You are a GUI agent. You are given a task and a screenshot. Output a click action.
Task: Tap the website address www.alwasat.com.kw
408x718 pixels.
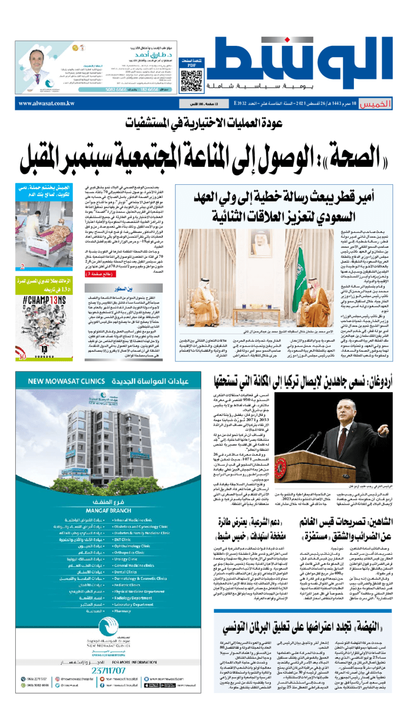pyautogui.click(x=46, y=103)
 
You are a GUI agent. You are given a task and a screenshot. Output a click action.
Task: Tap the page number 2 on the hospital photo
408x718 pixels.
pyautogui.click(x=22, y=266)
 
